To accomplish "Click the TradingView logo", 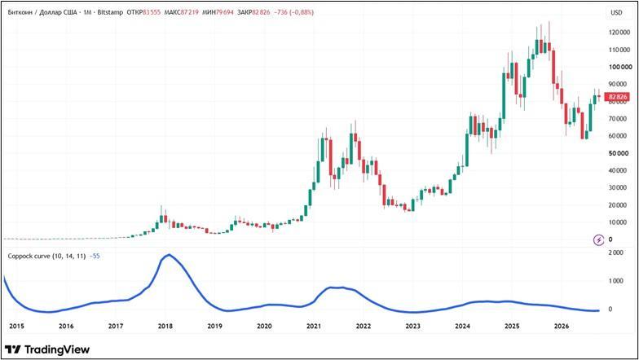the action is pos(47,349).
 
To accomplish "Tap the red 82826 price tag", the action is pos(618,96).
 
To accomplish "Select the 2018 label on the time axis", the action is pos(165,326).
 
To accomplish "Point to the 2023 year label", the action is pos(412,326).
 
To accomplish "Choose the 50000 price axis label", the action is pos(618,153).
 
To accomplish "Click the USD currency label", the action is pos(616,13).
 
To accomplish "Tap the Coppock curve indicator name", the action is pos(47,256).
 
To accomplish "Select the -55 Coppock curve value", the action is pos(95,256).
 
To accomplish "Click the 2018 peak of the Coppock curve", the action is pos(170,254).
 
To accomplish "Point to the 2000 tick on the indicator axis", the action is pos(615,252).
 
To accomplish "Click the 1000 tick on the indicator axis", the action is pos(615,281).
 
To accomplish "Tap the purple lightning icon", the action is pos(598,240).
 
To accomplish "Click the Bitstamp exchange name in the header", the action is pos(110,12).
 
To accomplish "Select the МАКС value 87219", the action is pos(189,12).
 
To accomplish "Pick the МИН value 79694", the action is pos(225,12).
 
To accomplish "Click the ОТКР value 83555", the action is pos(152,12).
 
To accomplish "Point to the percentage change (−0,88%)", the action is pos(302,12).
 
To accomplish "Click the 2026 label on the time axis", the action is pos(562,326).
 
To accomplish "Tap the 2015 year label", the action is pos(16,326).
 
